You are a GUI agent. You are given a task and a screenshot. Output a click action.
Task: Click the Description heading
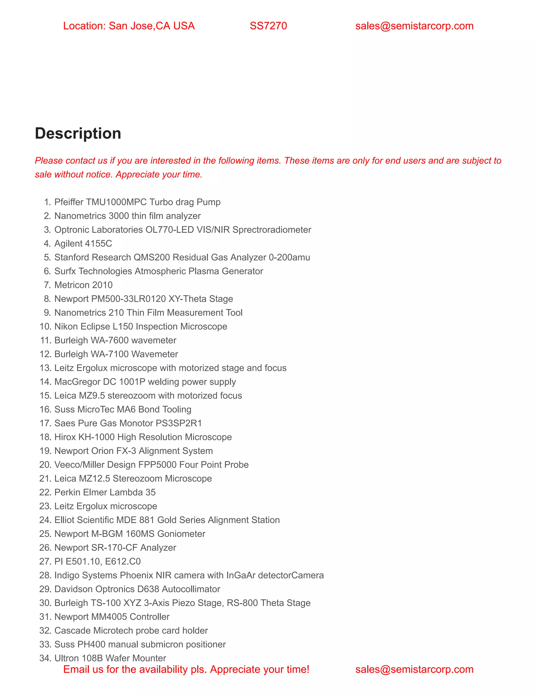[x=78, y=133]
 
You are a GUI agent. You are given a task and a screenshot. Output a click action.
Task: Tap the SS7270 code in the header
[x=268, y=26]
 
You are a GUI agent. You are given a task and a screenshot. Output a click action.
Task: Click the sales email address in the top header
[x=414, y=26]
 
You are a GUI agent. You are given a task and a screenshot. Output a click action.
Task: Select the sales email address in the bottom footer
[x=414, y=669]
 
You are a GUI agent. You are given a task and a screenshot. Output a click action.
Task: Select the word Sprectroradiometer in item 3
[x=272, y=230]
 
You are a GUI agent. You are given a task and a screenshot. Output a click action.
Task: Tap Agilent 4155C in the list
[x=83, y=243]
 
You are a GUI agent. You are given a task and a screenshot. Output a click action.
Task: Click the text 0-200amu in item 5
[x=289, y=257]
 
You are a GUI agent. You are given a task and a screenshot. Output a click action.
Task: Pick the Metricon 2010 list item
[x=83, y=285]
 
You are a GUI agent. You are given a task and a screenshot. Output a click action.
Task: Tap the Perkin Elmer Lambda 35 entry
[x=105, y=492]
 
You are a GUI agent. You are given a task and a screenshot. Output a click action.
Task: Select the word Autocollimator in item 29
[x=191, y=589]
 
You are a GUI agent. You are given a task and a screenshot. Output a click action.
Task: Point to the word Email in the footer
[x=76, y=669]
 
